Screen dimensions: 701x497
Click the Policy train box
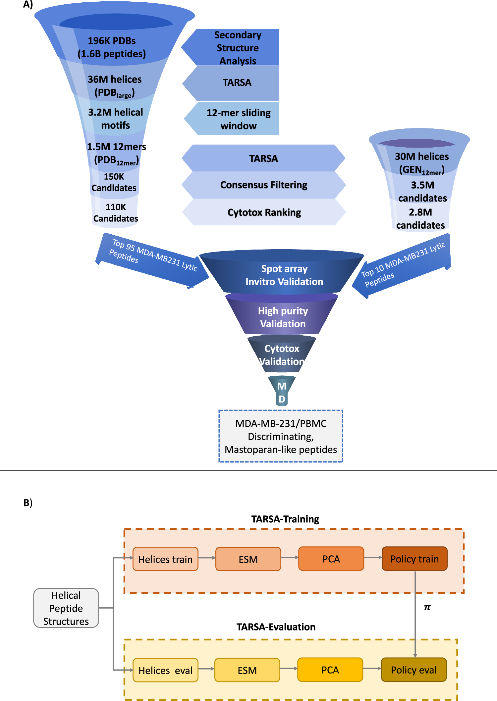[x=414, y=559]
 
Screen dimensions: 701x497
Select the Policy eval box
[x=414, y=670]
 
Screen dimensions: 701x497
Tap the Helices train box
[x=165, y=559]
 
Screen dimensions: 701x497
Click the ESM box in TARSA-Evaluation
[x=247, y=670]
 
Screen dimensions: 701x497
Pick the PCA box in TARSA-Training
[x=331, y=559]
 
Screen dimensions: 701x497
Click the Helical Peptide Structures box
[x=66, y=608]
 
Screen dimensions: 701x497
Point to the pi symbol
[x=427, y=607]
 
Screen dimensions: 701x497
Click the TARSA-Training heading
[x=285, y=519]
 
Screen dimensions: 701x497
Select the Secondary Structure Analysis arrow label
[x=237, y=48]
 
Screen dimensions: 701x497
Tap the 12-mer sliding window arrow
[x=238, y=119]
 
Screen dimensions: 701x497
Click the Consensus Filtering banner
[x=264, y=185]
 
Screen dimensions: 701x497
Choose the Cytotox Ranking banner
[x=264, y=212]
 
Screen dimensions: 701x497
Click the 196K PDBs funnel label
[x=112, y=47]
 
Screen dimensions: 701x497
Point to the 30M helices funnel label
[x=421, y=163]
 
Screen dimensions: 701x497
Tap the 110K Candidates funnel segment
[x=115, y=212]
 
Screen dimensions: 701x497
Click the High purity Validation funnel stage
[x=283, y=317]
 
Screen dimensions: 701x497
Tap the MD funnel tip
[x=282, y=392]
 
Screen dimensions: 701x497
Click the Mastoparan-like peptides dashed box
[x=281, y=436]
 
